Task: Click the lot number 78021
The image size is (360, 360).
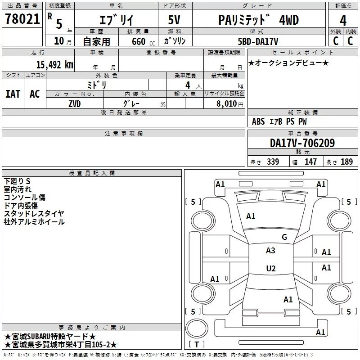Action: (22, 19)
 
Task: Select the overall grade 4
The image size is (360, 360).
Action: (343, 20)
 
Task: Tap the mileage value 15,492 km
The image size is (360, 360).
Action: (55, 65)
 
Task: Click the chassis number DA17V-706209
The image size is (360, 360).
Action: (302, 143)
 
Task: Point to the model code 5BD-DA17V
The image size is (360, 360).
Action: (258, 41)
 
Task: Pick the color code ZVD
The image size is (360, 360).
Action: (75, 104)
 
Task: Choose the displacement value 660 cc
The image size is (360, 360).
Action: (143, 41)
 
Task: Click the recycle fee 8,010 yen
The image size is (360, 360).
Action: (230, 104)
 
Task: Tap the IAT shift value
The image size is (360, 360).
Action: (13, 94)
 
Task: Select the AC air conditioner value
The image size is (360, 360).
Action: (35, 94)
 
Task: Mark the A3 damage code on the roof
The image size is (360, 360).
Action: (270, 251)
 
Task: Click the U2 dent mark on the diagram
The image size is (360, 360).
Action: (271, 268)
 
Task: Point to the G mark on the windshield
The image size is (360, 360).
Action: (284, 237)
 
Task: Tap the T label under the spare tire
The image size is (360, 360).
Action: (197, 344)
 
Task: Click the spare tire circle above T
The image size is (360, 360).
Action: (197, 318)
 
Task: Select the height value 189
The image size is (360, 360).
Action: (346, 162)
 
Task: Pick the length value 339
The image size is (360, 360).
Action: (273, 162)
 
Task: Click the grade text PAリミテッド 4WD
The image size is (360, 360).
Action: (258, 20)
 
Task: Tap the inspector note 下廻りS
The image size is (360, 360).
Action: (17, 181)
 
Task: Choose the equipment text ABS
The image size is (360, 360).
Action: (258, 121)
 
